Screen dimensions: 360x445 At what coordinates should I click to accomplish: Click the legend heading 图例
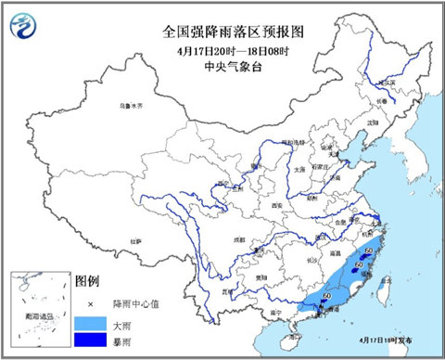86,279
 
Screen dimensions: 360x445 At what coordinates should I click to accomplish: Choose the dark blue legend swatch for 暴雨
89,341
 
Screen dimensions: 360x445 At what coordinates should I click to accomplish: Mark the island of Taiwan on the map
375,292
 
